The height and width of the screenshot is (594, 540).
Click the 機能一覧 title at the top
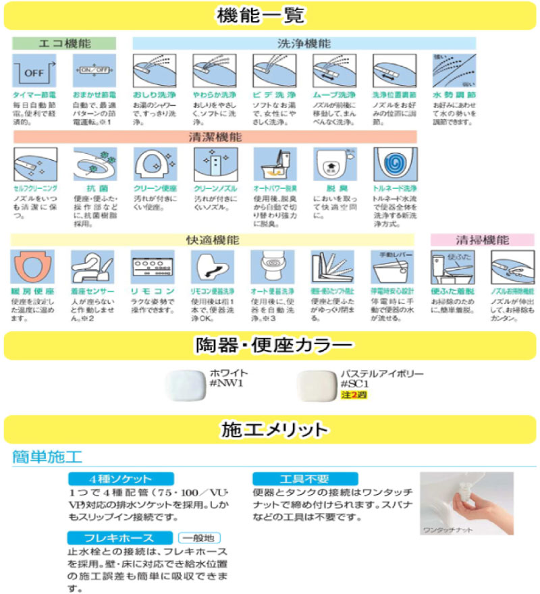(270, 15)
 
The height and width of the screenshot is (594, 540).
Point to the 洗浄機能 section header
(304, 43)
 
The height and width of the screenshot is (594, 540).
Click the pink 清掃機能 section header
(482, 240)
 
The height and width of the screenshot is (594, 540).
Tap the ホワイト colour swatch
(187, 387)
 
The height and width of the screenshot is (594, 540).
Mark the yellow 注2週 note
(353, 396)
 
